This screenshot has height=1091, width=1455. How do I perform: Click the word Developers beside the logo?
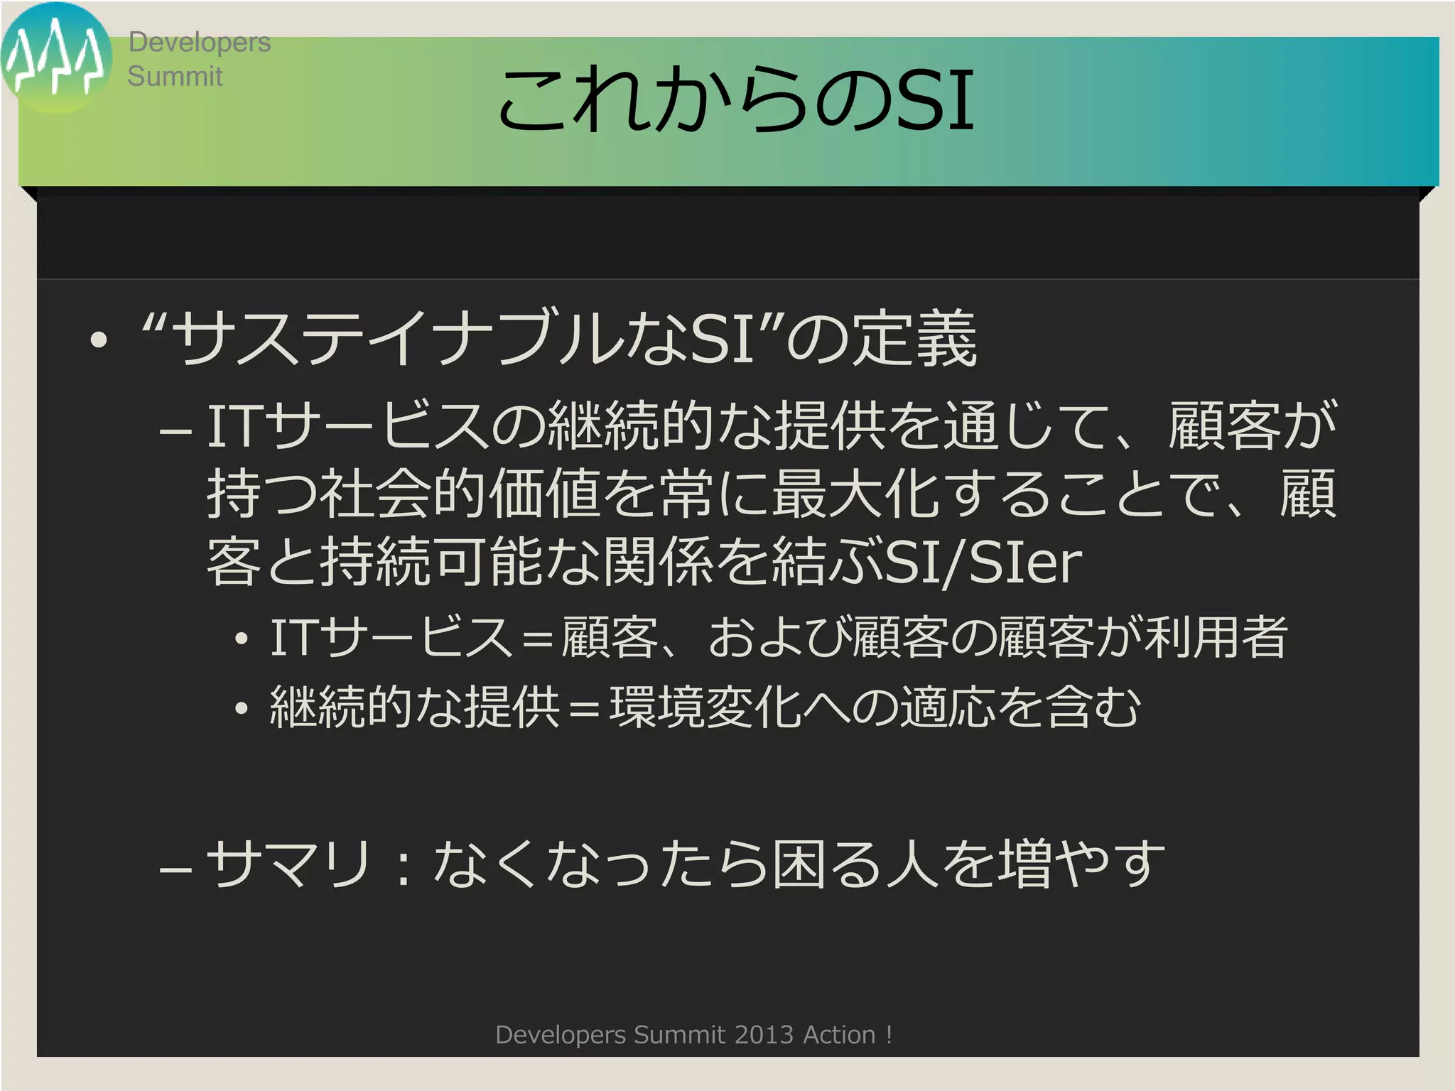click(199, 43)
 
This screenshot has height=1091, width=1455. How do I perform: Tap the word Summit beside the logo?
click(175, 77)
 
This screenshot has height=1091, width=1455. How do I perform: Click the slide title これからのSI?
click(735, 101)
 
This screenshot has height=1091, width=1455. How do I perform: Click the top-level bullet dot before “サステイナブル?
click(99, 340)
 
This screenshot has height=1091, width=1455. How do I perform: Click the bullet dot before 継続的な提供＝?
click(242, 708)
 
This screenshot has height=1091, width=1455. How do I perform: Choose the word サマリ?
click(288, 864)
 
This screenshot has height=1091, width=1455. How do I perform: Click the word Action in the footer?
click(838, 1035)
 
